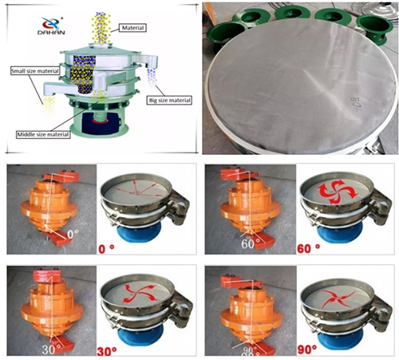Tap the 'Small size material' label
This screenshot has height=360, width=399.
click(36, 71)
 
